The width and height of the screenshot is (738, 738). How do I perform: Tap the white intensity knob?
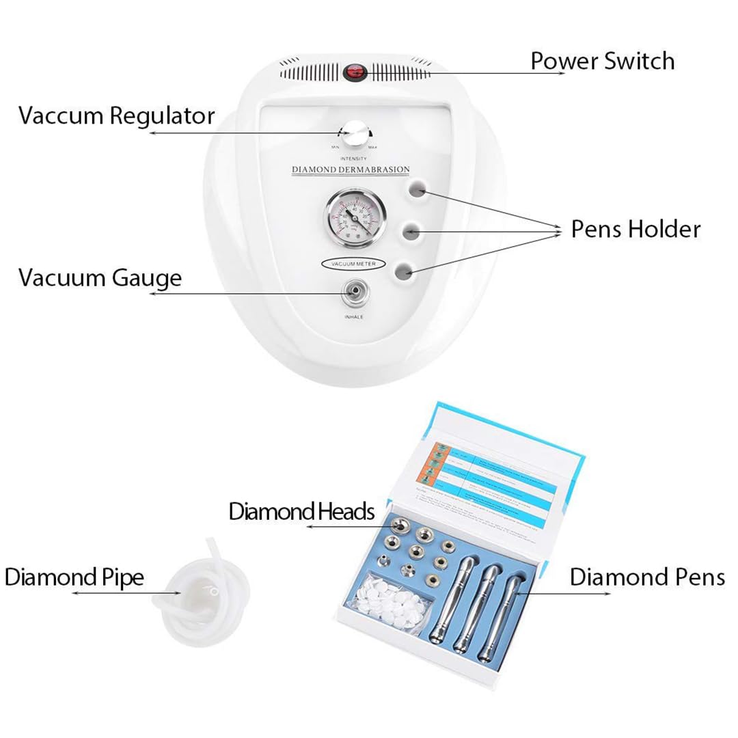[354, 135]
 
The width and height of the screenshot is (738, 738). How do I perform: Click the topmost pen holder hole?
[418, 189]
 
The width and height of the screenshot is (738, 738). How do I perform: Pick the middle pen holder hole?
[411, 232]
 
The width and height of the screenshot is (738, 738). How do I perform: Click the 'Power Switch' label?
[602, 61]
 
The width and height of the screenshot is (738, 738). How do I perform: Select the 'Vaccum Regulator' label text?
[117, 115]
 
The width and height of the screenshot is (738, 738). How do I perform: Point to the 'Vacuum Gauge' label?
[100, 278]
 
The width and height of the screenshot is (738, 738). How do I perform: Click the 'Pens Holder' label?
[635, 230]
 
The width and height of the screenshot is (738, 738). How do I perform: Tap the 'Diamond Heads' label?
[301, 511]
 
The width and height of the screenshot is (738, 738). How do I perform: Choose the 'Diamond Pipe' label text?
[74, 577]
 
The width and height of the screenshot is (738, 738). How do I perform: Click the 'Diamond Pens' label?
[647, 577]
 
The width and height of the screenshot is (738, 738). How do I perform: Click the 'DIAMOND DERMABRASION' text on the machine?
[351, 169]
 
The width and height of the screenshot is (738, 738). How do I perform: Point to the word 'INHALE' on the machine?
[354, 317]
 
